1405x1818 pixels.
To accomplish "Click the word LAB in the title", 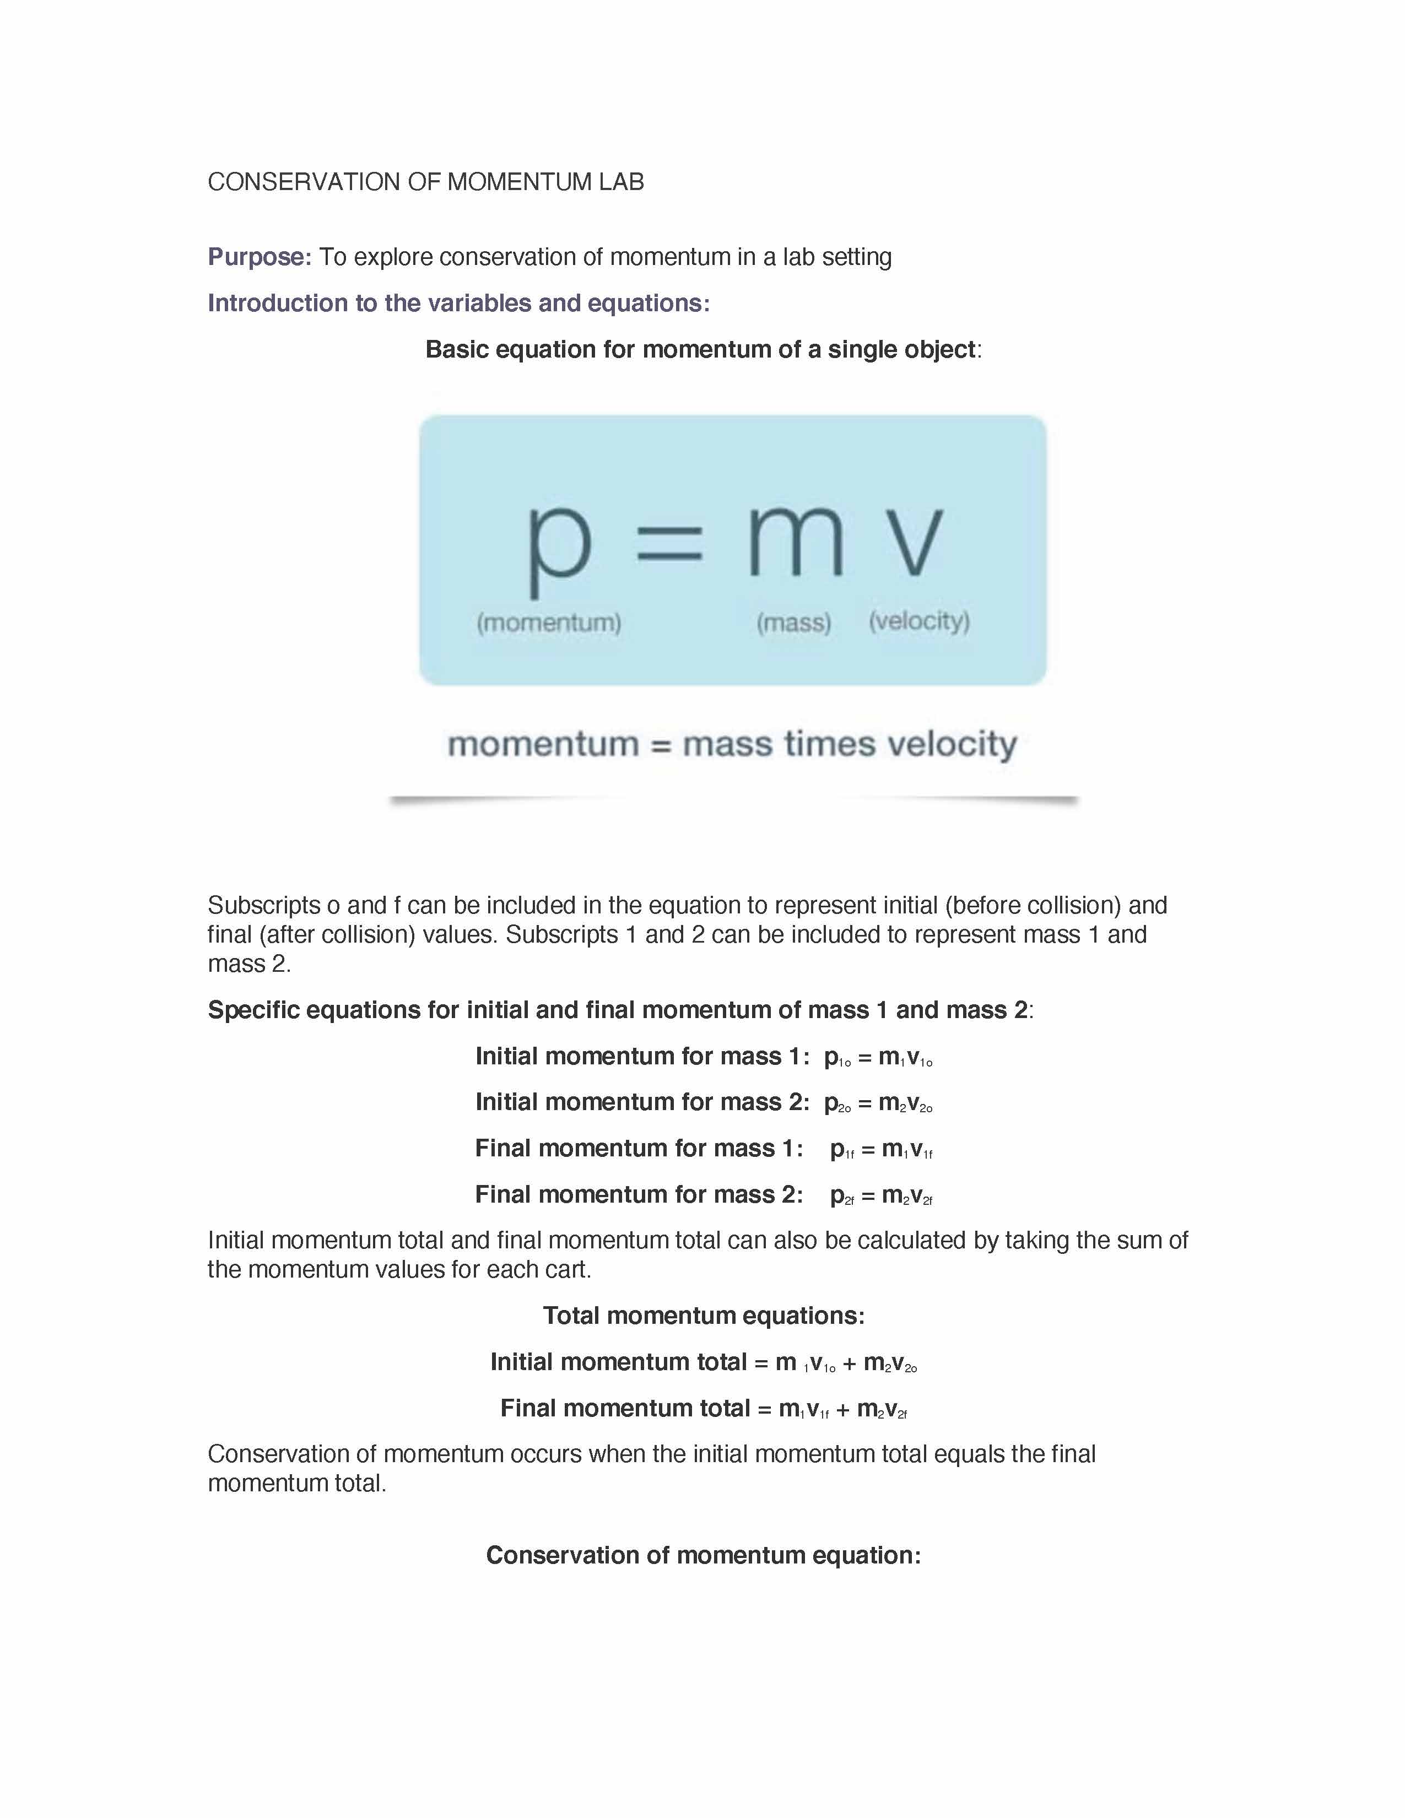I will tap(621, 182).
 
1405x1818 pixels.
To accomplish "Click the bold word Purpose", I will tap(257, 257).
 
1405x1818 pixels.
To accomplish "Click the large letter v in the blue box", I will tap(912, 541).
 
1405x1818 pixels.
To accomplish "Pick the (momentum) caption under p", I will tap(549, 623).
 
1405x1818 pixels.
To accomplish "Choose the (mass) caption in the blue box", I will tap(794, 623).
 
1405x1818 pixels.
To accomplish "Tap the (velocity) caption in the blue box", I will tap(920, 621).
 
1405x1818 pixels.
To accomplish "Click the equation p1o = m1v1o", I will tap(878, 1057).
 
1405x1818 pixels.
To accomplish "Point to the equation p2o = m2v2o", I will tap(878, 1103).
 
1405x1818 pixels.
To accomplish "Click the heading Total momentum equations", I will tap(704, 1316).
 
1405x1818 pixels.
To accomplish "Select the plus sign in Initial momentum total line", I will tap(849, 1362).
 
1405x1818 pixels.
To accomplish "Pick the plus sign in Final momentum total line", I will tap(842, 1409).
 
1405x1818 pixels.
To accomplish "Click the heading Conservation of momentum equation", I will tap(704, 1556).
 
